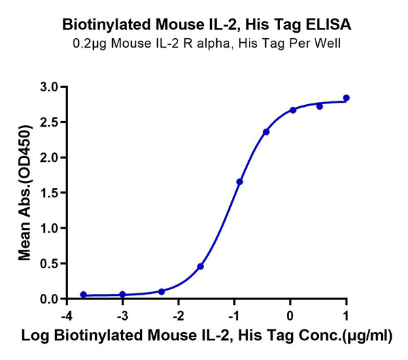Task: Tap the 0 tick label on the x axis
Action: tap(290, 316)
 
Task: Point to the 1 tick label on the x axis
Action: tap(347, 316)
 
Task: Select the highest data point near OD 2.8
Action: tap(346, 98)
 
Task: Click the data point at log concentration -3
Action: tap(122, 295)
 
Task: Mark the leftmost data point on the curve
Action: tap(83, 295)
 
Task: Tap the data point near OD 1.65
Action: tap(239, 182)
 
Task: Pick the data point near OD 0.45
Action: tap(201, 267)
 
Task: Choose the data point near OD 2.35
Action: tap(266, 132)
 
